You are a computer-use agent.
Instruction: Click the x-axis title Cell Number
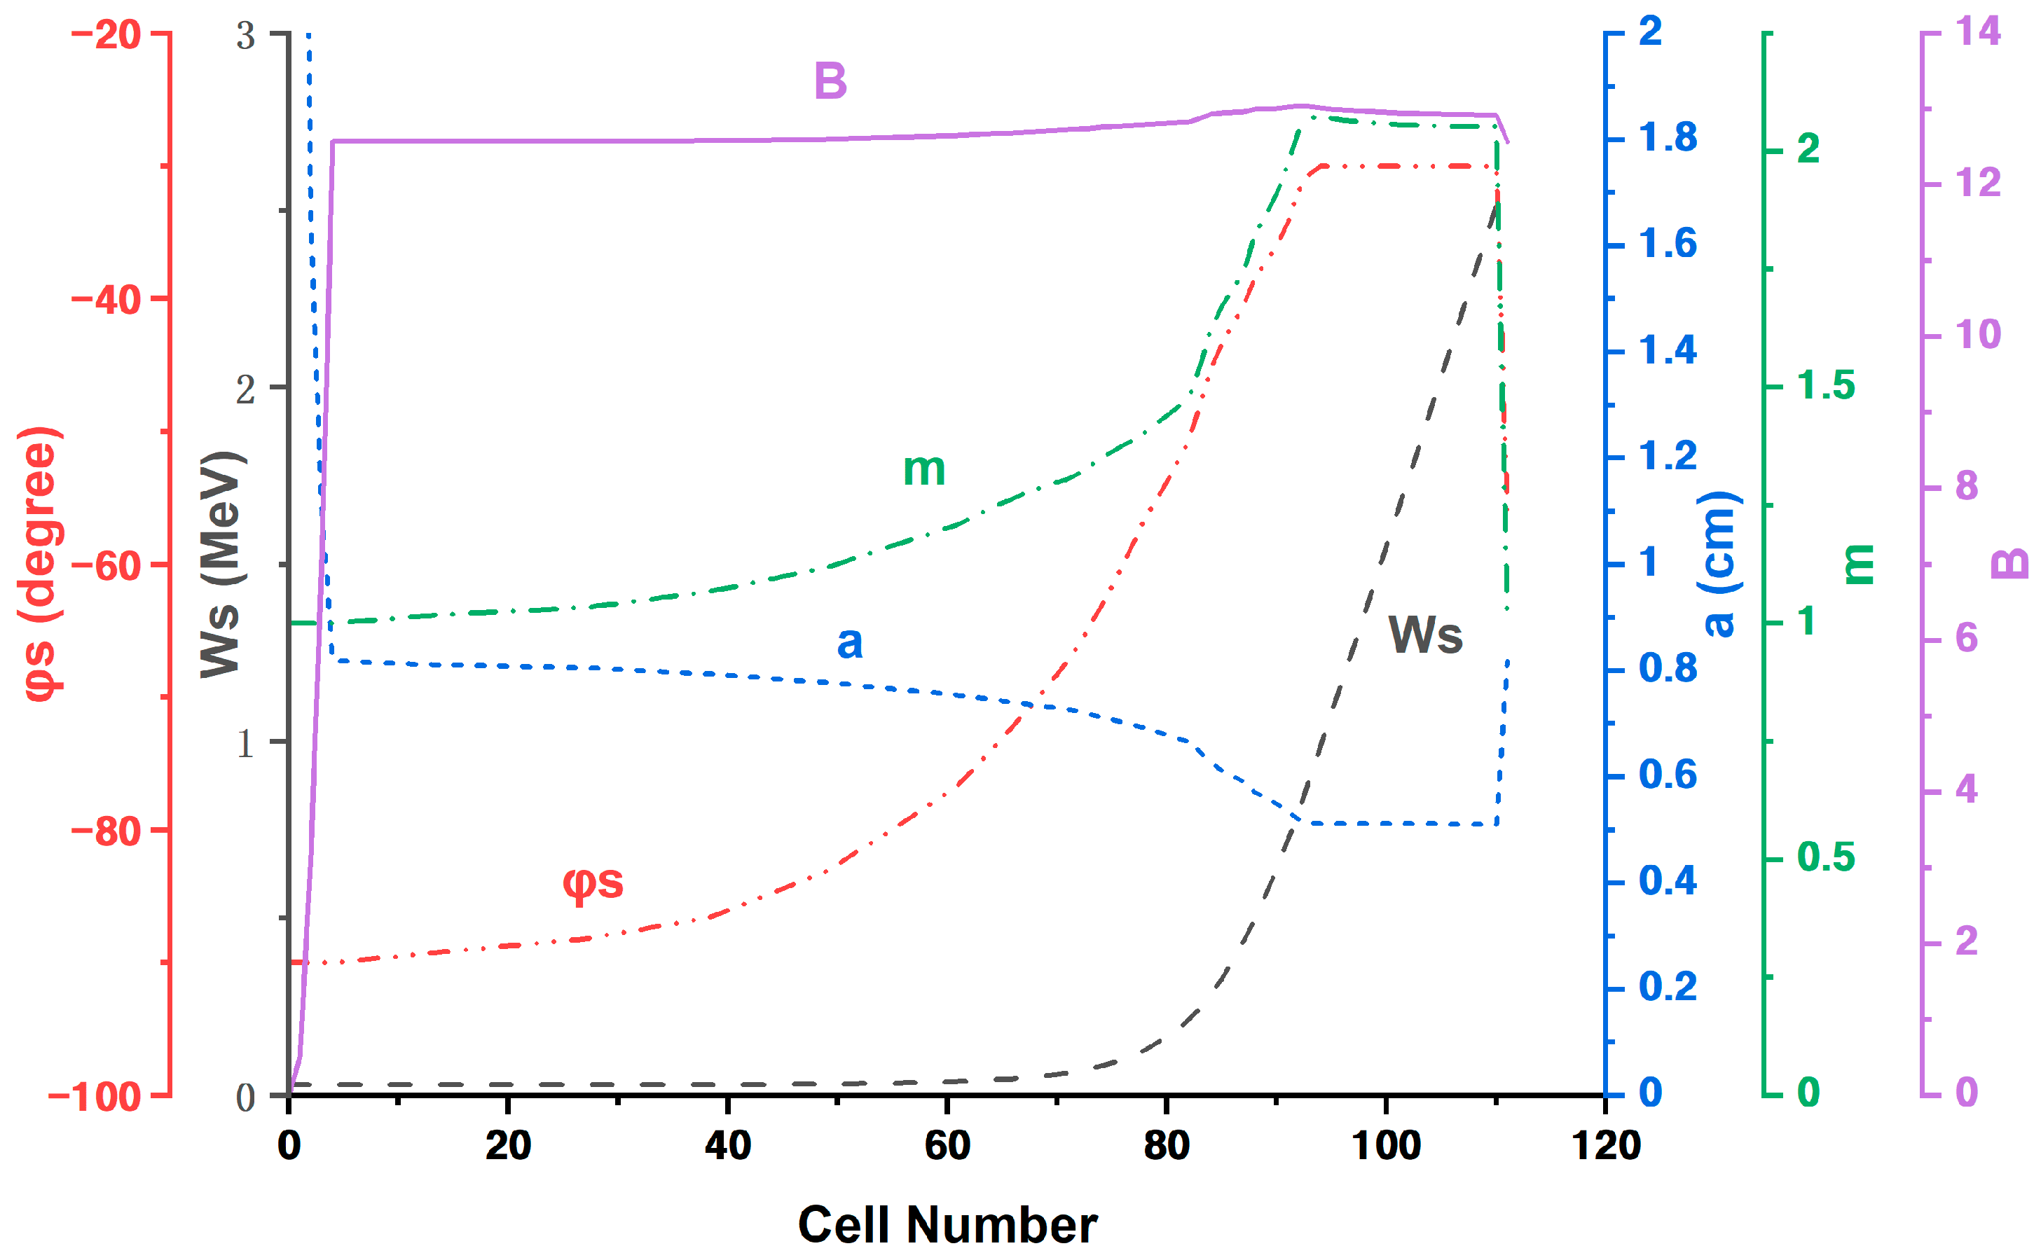click(947, 1225)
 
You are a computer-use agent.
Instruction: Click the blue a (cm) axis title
click(1719, 565)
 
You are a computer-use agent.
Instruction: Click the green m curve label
click(923, 470)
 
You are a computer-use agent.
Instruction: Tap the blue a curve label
click(849, 642)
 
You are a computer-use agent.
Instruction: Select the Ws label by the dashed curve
click(1425, 636)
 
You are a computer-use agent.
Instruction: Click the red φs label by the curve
click(593, 882)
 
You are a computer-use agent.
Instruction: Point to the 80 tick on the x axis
click(1166, 1146)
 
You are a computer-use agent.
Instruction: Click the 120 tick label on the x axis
click(1606, 1146)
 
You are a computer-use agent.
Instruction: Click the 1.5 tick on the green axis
click(1825, 386)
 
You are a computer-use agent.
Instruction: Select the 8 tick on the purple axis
click(1967, 487)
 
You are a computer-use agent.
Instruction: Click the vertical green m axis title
click(1858, 565)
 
